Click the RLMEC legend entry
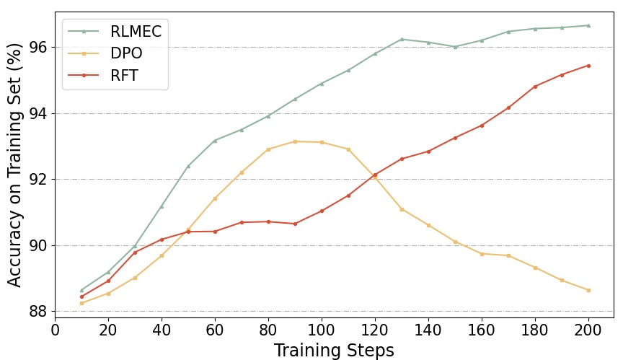point(136,32)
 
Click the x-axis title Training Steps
point(334,351)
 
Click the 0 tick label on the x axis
point(55,330)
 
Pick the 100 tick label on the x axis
point(322,330)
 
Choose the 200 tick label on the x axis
point(588,330)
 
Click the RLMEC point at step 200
point(588,25)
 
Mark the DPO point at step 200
point(588,290)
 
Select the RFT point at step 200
point(588,66)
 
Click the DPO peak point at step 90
point(295,141)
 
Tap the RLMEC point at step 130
point(402,39)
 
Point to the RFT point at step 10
point(81,297)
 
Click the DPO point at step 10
point(81,303)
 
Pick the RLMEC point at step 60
point(215,140)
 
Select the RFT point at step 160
point(482,125)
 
